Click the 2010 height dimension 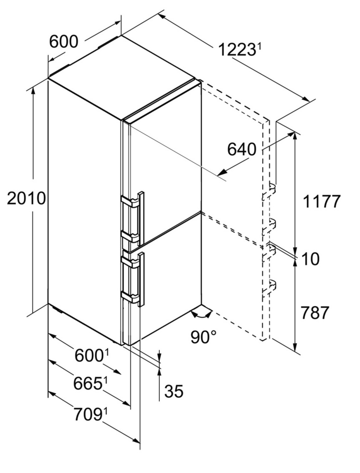(26, 199)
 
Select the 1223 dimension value (236, 50)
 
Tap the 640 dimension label (241, 149)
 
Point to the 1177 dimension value (321, 201)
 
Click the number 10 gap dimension (310, 259)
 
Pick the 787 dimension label (314, 313)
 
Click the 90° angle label (204, 337)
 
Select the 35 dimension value (173, 391)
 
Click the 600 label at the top (64, 42)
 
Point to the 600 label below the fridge (89, 355)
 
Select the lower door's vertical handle (141, 279)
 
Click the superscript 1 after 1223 (259, 47)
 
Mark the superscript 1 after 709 (106, 411)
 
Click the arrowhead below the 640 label (223, 172)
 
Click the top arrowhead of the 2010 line (33, 90)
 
